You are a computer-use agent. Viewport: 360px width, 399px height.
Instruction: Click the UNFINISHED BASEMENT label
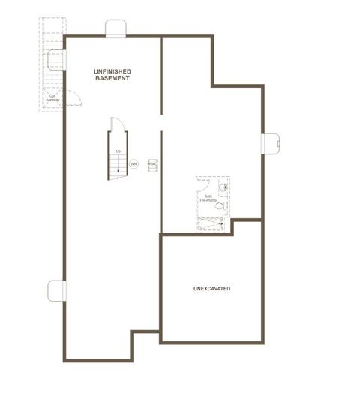tap(112, 74)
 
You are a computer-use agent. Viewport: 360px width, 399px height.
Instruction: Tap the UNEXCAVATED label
tap(211, 289)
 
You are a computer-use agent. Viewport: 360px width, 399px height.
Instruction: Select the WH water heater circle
tap(133, 163)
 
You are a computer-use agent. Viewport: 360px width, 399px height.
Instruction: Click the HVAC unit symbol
tap(152, 163)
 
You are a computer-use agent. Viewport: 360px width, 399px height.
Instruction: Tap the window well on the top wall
tap(115, 29)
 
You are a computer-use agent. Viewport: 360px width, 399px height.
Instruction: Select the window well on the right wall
tap(270, 142)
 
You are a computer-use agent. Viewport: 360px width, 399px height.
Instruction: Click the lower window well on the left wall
tap(56, 290)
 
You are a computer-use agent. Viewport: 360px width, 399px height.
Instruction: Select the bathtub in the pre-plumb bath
tap(212, 223)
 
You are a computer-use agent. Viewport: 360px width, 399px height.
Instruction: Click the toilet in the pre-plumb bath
tap(220, 204)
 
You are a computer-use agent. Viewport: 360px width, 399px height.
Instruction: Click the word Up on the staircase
tap(118, 152)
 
